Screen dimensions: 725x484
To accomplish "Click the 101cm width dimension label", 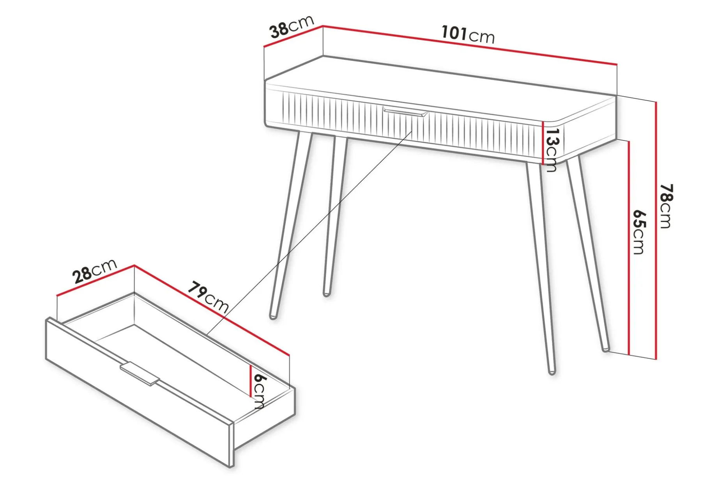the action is (468, 34).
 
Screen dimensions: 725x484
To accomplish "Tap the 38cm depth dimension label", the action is (292, 27).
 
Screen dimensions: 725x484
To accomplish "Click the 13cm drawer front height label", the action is (551, 150).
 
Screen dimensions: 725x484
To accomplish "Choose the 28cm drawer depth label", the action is (95, 270).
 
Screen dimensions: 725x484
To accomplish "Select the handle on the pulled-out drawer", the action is (140, 374).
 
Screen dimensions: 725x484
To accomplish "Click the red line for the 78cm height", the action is (656, 230).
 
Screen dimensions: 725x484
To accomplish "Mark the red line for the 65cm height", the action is (629, 247).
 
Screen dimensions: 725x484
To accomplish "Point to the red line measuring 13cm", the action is (543, 142).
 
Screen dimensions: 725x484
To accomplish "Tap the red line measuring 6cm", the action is (251, 381).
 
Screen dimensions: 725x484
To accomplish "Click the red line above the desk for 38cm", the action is (294, 36).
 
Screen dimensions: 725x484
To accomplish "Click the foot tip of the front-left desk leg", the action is (274, 317).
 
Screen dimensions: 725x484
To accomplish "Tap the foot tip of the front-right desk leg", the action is (552, 372).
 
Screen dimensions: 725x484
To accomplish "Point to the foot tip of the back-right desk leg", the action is (605, 349).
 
